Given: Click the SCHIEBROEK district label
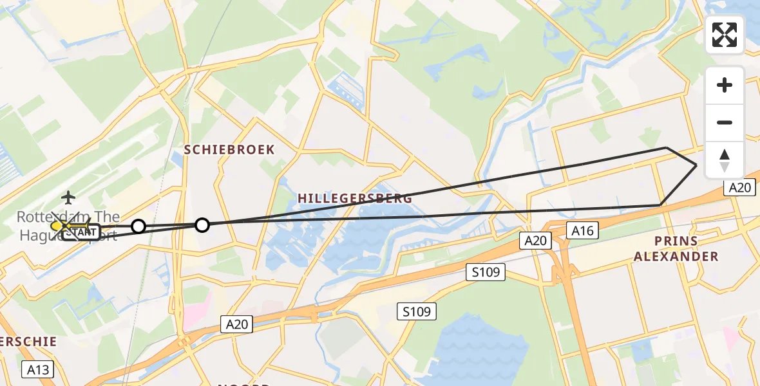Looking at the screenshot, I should pyautogui.click(x=229, y=150).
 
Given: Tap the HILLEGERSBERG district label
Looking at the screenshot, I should pyautogui.click(x=354, y=198).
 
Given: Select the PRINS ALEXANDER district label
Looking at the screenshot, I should pyautogui.click(x=676, y=248).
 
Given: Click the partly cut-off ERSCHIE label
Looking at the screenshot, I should pyautogui.click(x=28, y=342).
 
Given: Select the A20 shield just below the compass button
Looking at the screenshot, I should pyautogui.click(x=739, y=187).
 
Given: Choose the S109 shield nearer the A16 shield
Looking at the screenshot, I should pyautogui.click(x=486, y=272).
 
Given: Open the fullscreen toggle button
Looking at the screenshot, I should pyautogui.click(x=725, y=35).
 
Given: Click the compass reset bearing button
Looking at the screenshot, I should pyautogui.click(x=725, y=160).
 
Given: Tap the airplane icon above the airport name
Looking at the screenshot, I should pyautogui.click(x=68, y=197).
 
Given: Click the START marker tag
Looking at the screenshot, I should pyautogui.click(x=82, y=232).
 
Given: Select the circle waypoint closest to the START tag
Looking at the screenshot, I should pyautogui.click(x=138, y=226).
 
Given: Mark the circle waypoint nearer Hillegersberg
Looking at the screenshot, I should pyautogui.click(x=202, y=225).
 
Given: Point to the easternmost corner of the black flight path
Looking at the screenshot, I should pyautogui.click(x=697, y=165).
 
